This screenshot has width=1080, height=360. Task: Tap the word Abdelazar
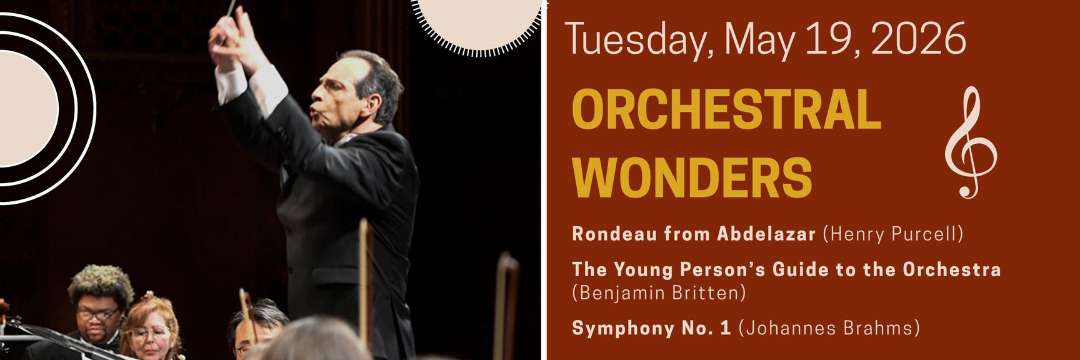(x=767, y=234)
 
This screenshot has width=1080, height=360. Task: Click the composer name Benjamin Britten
(x=659, y=292)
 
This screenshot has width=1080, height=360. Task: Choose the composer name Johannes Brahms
(x=829, y=328)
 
